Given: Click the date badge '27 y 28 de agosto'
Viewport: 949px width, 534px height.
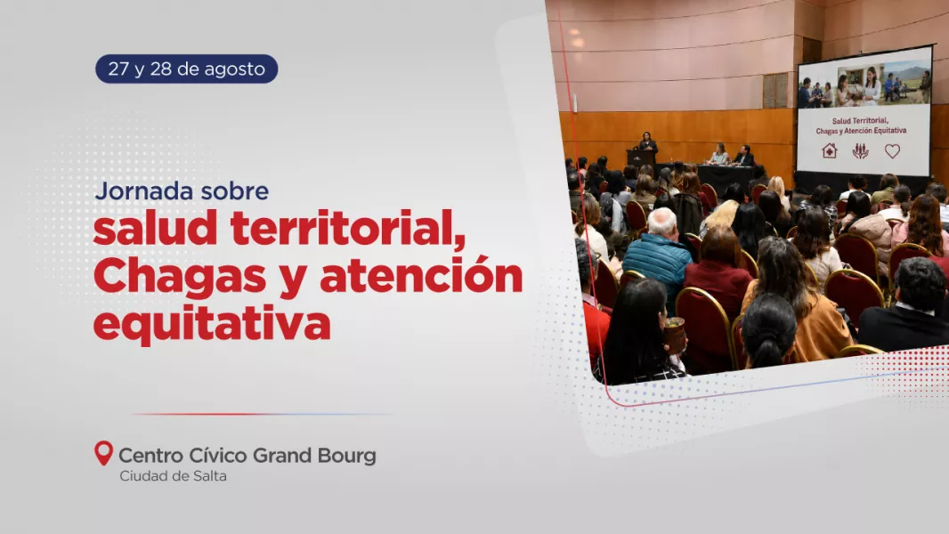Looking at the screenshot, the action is click(x=186, y=69).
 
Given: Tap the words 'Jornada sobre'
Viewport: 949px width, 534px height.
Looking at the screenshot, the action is click(x=182, y=191).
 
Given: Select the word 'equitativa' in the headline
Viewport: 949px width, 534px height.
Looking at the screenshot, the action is click(x=213, y=324).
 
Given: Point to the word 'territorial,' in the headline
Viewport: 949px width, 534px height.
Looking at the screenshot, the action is click(x=348, y=229).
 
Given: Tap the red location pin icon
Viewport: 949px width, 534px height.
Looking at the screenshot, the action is click(x=103, y=453).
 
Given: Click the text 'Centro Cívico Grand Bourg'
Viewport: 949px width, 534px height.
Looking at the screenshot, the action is click(x=247, y=456).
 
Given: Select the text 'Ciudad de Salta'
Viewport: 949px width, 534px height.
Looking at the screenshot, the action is click(x=173, y=476).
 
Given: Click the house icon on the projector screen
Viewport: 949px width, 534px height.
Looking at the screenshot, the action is click(x=829, y=150).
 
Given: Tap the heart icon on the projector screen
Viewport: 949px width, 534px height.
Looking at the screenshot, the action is click(x=892, y=150).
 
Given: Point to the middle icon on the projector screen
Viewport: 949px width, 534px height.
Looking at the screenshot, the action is click(x=860, y=150).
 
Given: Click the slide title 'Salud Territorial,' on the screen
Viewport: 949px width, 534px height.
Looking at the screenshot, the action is click(x=860, y=120).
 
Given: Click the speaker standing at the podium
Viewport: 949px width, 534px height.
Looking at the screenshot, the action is click(x=647, y=142).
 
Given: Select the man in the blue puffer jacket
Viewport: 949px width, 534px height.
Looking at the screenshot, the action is click(x=658, y=253).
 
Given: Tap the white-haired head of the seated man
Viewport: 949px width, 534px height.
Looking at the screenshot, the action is click(x=662, y=222).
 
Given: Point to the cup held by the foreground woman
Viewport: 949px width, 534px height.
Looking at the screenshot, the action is click(x=674, y=335).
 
